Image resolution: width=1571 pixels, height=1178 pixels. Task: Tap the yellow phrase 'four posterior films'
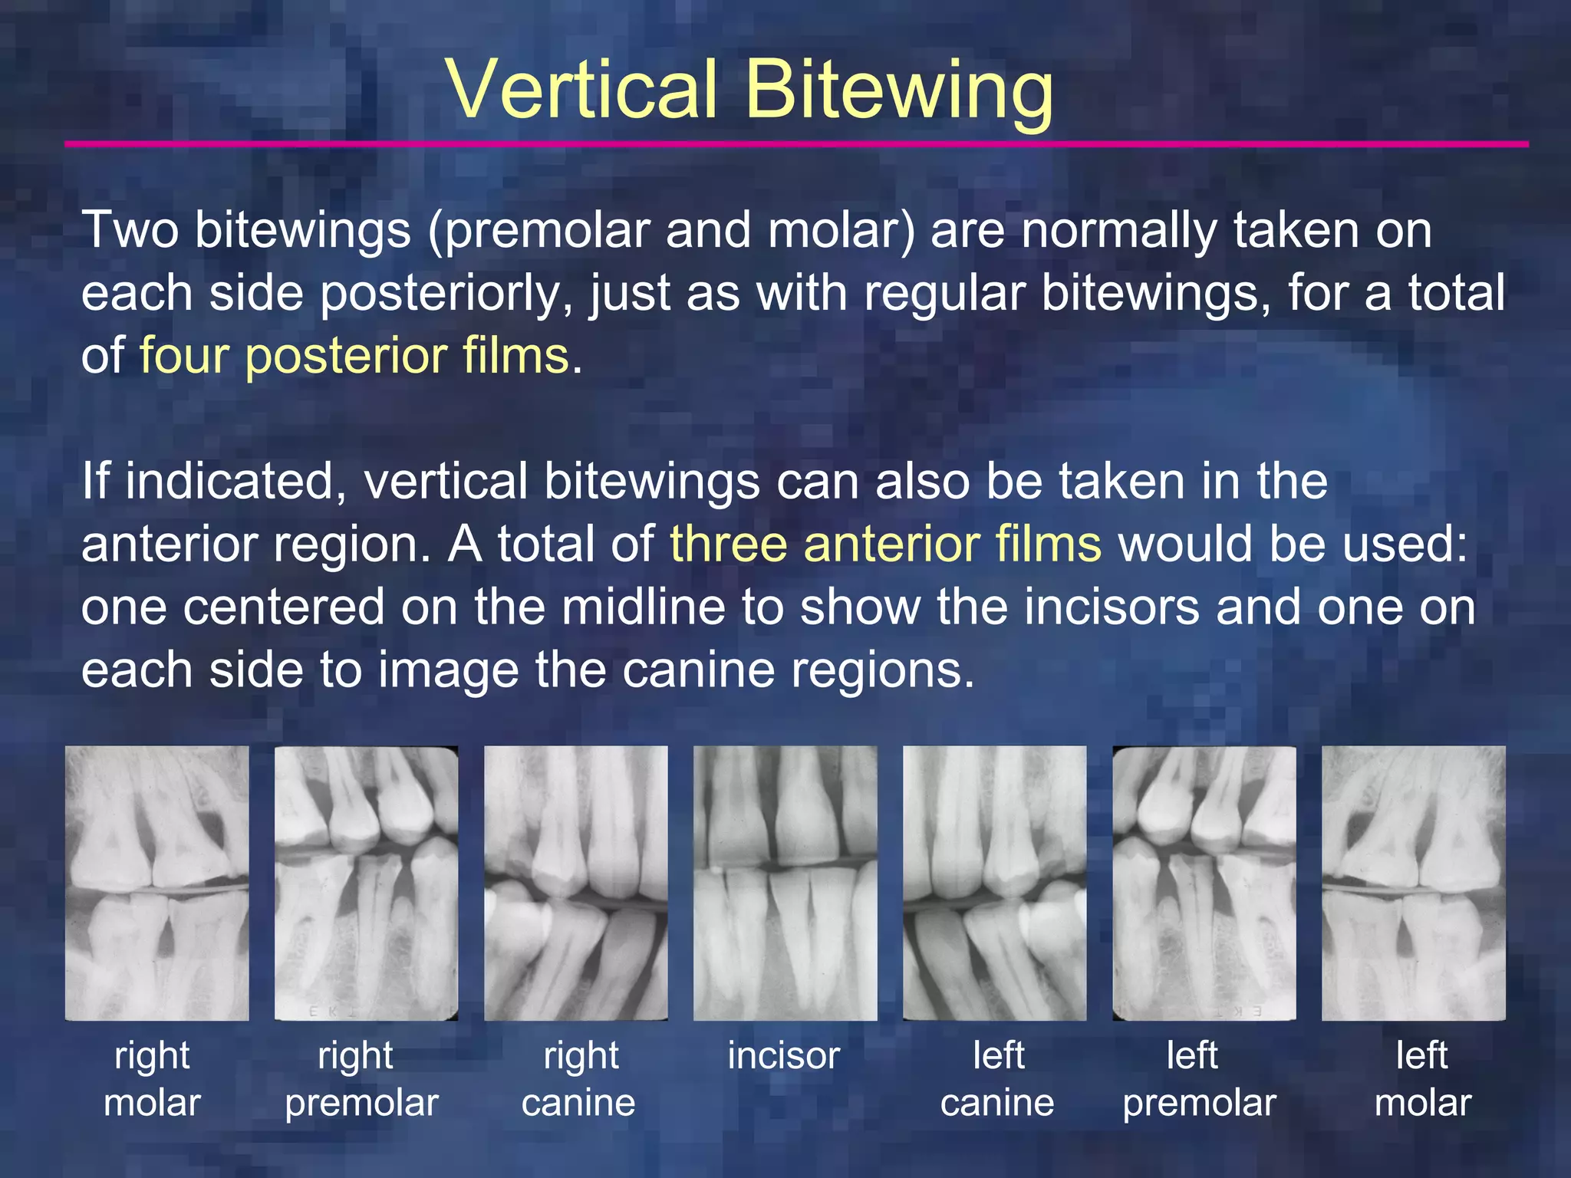click(x=354, y=356)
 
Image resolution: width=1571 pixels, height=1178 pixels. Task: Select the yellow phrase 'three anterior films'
click(x=885, y=544)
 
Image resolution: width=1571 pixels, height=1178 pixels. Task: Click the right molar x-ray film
click(x=156, y=883)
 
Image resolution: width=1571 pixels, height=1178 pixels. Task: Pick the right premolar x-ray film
click(x=366, y=883)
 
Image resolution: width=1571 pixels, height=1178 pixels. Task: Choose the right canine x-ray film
click(x=575, y=883)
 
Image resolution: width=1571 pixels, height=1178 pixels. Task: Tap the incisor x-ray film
click(x=785, y=883)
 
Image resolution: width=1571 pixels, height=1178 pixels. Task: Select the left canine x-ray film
click(x=994, y=883)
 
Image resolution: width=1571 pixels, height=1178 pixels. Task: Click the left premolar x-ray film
click(x=1204, y=883)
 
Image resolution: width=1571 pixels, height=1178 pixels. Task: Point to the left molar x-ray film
click(x=1413, y=883)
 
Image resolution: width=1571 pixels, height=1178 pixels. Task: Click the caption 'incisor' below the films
click(x=783, y=1056)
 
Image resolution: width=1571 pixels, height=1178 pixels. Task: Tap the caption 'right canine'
click(x=578, y=1080)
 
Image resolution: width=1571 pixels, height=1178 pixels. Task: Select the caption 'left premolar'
click(x=1199, y=1080)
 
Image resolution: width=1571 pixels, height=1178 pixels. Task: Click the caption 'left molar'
click(x=1422, y=1080)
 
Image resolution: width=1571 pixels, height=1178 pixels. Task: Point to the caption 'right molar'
click(x=152, y=1080)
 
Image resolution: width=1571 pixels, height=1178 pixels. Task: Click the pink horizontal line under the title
click(x=796, y=144)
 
